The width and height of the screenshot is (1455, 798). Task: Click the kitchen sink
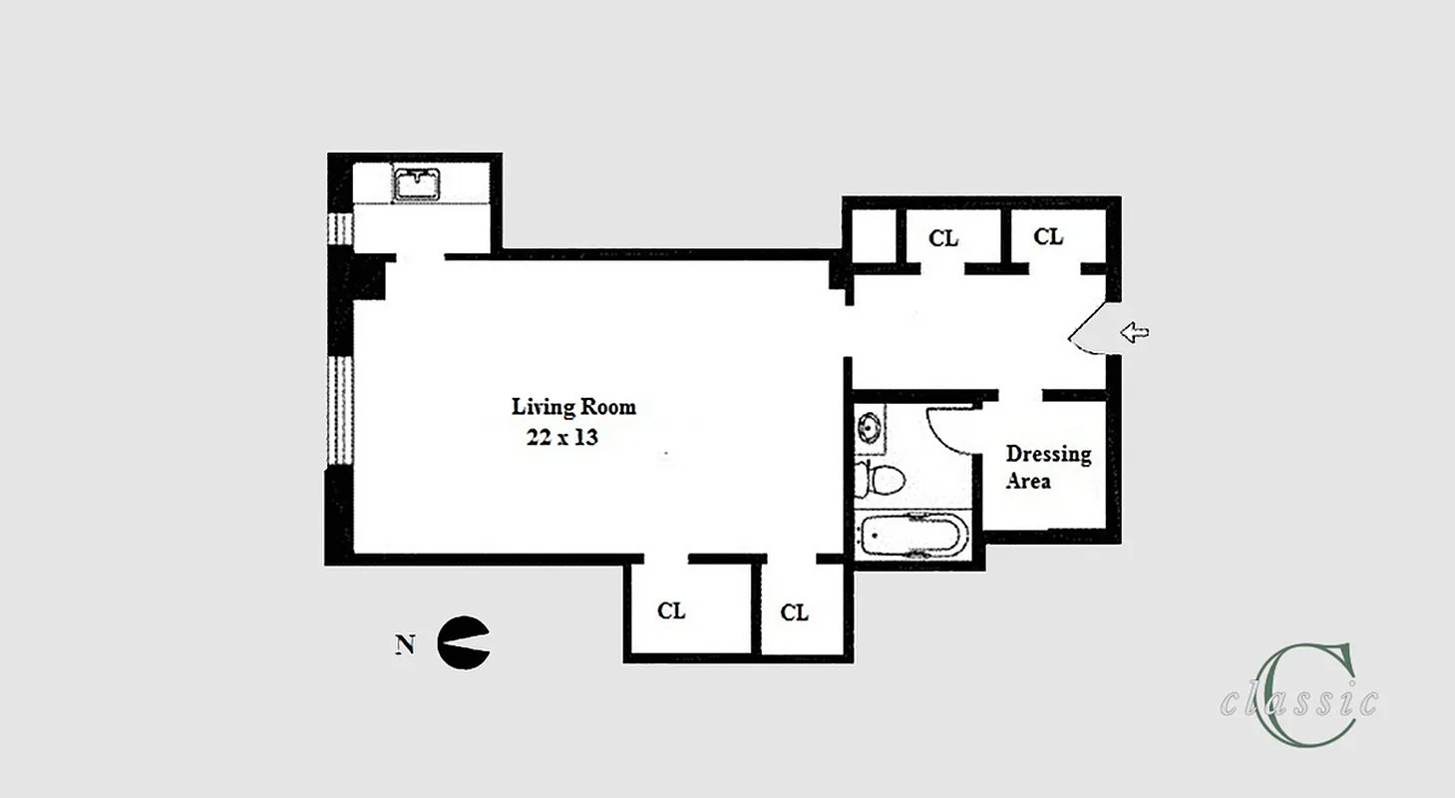pyautogui.click(x=417, y=185)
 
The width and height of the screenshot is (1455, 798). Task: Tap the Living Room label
pyautogui.click(x=573, y=407)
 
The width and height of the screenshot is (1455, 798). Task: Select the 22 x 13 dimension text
pyautogui.click(x=562, y=437)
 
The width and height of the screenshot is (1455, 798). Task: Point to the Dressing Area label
pyautogui.click(x=1047, y=467)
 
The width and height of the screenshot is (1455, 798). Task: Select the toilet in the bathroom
pyautogui.click(x=881, y=480)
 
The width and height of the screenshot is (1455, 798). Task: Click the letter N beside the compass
pyautogui.click(x=405, y=644)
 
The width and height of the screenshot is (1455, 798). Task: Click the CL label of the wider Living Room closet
pyautogui.click(x=671, y=610)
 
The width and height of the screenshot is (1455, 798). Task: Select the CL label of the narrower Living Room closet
pyautogui.click(x=794, y=612)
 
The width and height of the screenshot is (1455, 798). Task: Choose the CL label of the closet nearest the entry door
pyautogui.click(x=1048, y=237)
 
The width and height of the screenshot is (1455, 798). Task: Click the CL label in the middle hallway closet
pyautogui.click(x=943, y=238)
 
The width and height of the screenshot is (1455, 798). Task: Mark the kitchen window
pyautogui.click(x=340, y=229)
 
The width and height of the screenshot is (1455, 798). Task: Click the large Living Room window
pyautogui.click(x=340, y=409)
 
